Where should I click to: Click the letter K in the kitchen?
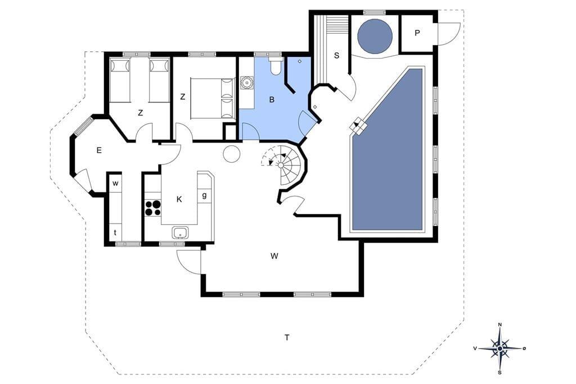click(179, 199)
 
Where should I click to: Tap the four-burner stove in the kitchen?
click(153, 207)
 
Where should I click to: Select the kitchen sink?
click(180, 233)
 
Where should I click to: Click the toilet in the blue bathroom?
click(274, 66)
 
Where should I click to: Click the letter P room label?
click(417, 33)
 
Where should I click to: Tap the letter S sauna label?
click(336, 56)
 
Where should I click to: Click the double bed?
click(213, 98)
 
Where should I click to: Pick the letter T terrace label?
click(287, 337)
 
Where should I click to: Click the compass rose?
click(499, 348)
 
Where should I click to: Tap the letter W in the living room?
click(274, 256)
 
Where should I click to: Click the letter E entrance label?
click(99, 150)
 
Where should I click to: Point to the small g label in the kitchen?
click(204, 195)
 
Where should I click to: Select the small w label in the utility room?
click(115, 184)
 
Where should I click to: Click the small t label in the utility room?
click(115, 233)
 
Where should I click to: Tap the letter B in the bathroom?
click(272, 99)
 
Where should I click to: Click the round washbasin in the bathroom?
click(246, 83)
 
